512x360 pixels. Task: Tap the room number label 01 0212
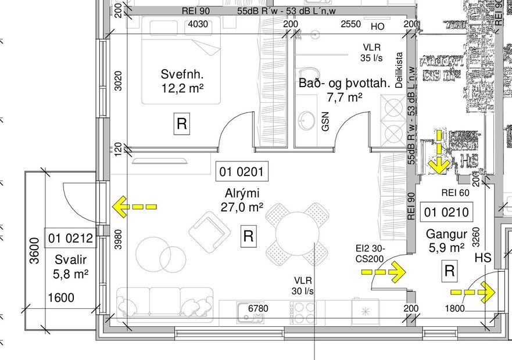click(x=70, y=238)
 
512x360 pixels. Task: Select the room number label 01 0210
click(x=447, y=213)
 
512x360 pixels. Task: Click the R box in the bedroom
click(x=182, y=124)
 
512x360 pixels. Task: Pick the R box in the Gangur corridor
click(x=449, y=270)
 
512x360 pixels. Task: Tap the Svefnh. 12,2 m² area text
click(x=182, y=81)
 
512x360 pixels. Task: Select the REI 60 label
click(x=455, y=193)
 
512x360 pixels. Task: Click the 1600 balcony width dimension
click(x=61, y=298)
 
